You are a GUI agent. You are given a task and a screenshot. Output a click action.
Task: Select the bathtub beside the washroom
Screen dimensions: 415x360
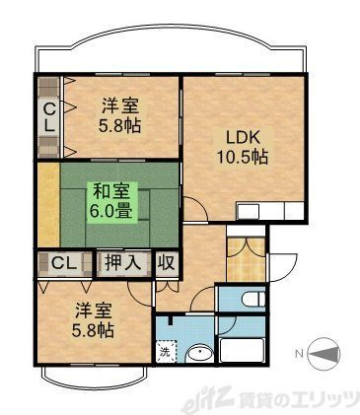click(242, 350)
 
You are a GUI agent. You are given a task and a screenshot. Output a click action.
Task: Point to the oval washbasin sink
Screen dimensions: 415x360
click(200, 352)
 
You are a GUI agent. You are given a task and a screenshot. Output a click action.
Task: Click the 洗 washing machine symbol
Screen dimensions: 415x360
click(166, 352)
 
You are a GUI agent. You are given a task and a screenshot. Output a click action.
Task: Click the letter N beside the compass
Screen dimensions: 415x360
click(299, 352)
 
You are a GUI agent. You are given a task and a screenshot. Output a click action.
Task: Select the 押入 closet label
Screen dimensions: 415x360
click(122, 263)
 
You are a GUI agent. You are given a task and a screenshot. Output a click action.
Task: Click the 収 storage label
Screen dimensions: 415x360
click(165, 263)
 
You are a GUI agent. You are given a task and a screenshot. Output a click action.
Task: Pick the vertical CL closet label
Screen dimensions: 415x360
click(47, 116)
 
